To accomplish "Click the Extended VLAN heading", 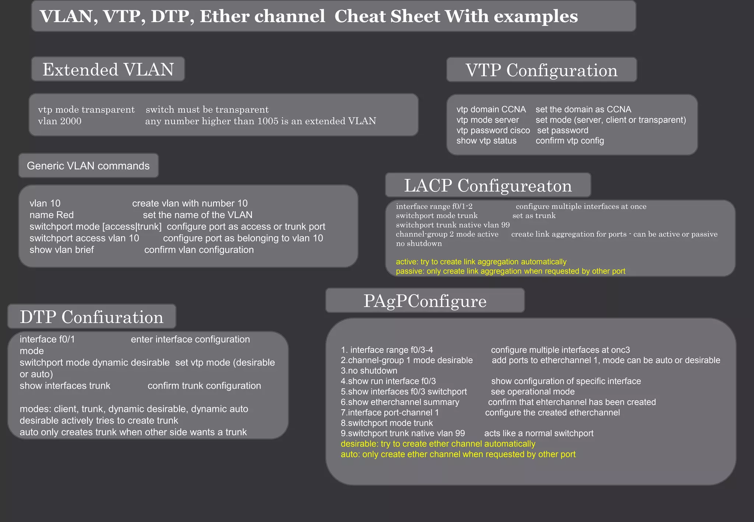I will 108,70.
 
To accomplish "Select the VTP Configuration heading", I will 541,70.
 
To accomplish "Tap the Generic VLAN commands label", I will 88,166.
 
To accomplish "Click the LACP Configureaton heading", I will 488,186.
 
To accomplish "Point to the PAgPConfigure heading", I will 425,301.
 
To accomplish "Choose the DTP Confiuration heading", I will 91,317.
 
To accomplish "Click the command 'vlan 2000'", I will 60,121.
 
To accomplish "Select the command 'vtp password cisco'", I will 493,130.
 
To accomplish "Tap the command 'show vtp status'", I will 486,141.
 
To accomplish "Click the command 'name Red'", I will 52,215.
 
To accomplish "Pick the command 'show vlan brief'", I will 61,250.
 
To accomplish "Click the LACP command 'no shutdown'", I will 419,244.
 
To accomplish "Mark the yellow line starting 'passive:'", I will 510,271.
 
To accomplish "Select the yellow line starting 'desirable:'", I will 438,444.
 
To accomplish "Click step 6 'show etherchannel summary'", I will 400,402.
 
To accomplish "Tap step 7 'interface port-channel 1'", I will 390,413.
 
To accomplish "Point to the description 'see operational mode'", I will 532,392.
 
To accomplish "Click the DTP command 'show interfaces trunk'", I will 65,386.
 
